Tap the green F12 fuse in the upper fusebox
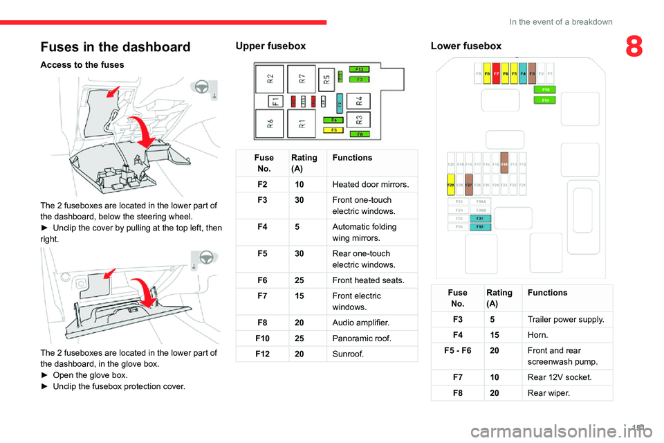[359, 70]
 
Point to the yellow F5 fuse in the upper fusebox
[334, 129]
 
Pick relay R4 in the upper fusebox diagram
[359, 100]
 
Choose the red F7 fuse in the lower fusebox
[497, 73]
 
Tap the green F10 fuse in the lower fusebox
[546, 90]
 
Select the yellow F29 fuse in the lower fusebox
[451, 185]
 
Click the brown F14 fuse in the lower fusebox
[504, 165]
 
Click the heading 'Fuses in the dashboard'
[116, 47]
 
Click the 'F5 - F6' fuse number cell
[461, 351]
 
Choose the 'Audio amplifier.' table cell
[360, 323]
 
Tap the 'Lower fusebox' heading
[465, 46]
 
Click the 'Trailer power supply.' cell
[565, 319]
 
